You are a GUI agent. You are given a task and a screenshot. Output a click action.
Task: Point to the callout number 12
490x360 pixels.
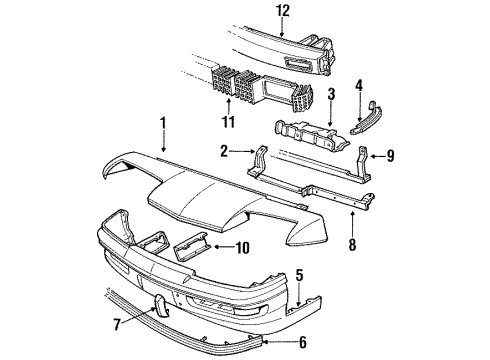283,12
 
